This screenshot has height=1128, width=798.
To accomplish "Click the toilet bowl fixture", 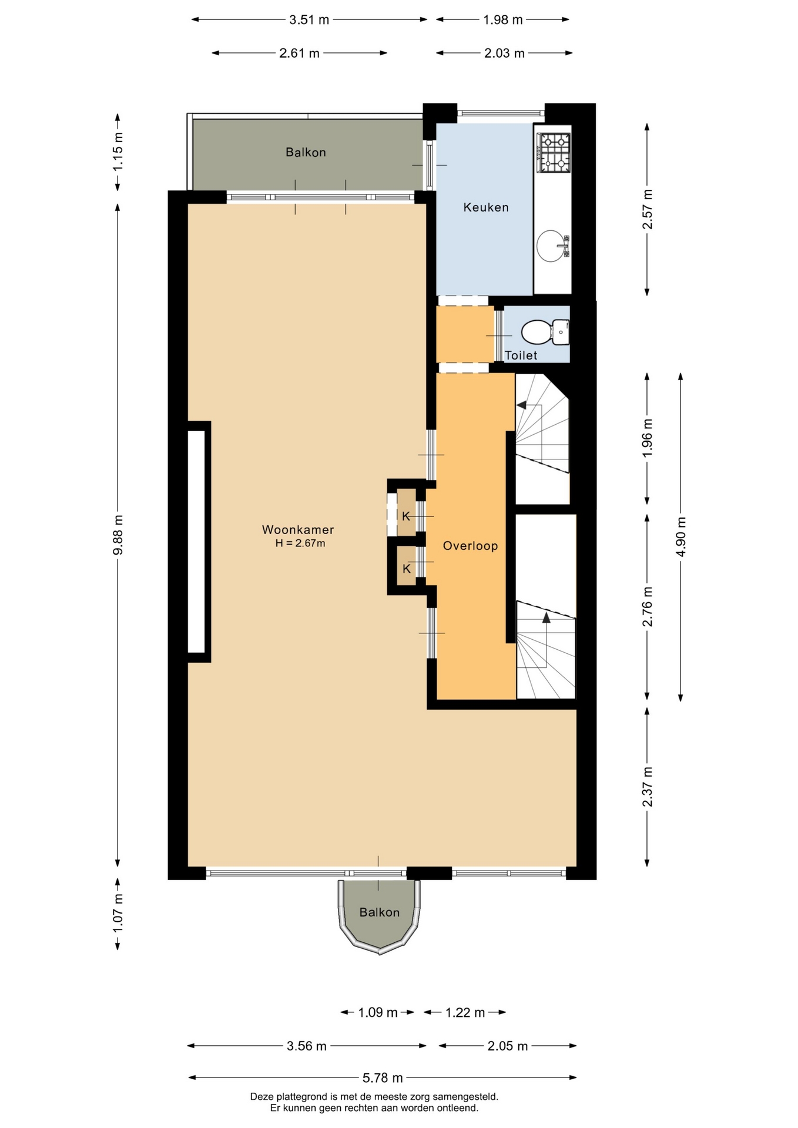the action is pyautogui.click(x=545, y=333).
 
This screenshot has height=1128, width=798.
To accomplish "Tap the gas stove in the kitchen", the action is pyautogui.click(x=554, y=153).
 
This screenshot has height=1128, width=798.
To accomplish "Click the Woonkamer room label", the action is pyautogui.click(x=298, y=529).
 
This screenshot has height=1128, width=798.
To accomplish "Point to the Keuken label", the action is pyautogui.click(x=486, y=207).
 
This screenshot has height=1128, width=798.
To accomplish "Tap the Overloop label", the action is pyautogui.click(x=470, y=546).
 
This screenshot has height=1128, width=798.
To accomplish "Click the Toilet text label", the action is pyautogui.click(x=521, y=355).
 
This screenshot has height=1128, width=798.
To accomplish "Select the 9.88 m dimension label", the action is pyautogui.click(x=118, y=535).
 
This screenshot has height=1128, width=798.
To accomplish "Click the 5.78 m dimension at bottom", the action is pyautogui.click(x=383, y=1077).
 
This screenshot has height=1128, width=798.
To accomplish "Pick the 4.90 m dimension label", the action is pyautogui.click(x=681, y=537).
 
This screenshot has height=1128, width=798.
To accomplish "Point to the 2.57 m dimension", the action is pyautogui.click(x=647, y=209).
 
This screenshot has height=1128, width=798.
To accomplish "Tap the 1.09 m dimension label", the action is pyautogui.click(x=378, y=1012).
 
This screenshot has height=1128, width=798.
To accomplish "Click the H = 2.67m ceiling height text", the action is pyautogui.click(x=300, y=543).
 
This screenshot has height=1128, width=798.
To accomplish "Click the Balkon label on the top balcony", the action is pyautogui.click(x=306, y=152).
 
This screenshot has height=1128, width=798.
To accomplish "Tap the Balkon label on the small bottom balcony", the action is pyautogui.click(x=380, y=912).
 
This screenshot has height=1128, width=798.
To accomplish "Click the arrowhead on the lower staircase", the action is pyautogui.click(x=546, y=617).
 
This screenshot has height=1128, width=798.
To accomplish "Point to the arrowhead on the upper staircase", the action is pyautogui.click(x=521, y=405).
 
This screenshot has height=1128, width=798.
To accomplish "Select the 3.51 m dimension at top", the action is pyautogui.click(x=309, y=20).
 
